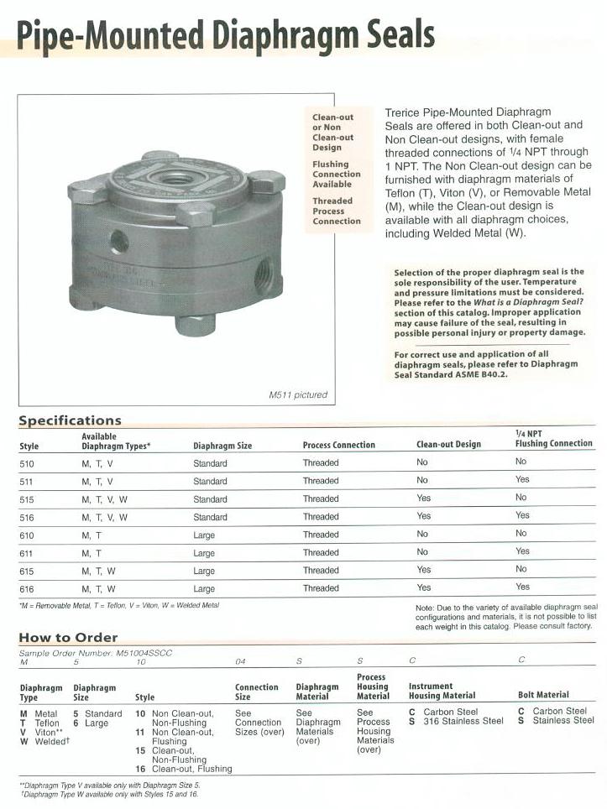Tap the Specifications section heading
[x=70, y=420]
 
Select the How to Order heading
[x=68, y=637]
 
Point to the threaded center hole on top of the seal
[x=175, y=179]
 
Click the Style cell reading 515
[x=27, y=499]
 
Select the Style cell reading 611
[x=27, y=552]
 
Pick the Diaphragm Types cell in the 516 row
[x=105, y=517]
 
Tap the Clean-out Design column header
[x=448, y=445]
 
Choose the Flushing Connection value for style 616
[x=522, y=587]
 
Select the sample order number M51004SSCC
[x=137, y=652]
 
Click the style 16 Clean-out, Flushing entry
[x=183, y=769]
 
